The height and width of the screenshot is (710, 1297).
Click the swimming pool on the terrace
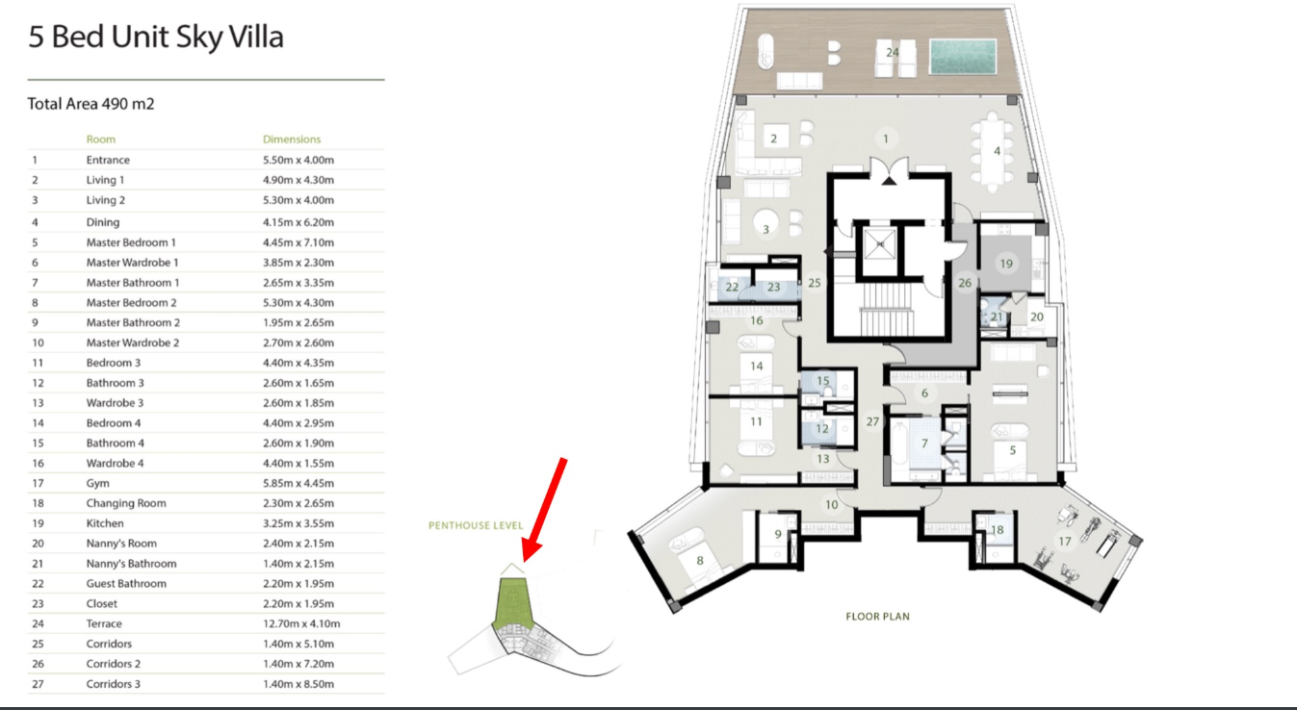point(962,56)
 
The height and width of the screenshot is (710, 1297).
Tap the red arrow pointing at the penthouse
point(545,510)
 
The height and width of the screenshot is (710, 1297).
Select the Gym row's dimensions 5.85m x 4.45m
point(298,483)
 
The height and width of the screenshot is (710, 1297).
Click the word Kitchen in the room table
point(105,523)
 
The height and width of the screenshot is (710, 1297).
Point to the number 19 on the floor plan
point(1006,264)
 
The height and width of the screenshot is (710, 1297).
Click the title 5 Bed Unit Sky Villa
point(156,37)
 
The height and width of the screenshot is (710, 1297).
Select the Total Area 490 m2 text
point(91,104)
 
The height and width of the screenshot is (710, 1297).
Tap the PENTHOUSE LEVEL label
point(476,525)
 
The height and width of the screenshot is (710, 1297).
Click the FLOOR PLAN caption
point(878,617)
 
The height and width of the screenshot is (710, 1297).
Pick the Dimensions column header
point(292,139)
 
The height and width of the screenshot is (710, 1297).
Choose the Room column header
point(101,139)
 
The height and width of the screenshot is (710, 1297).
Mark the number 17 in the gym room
point(1064,541)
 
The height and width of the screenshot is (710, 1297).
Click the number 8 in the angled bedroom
point(699,560)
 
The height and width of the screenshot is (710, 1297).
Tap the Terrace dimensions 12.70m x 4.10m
point(301,623)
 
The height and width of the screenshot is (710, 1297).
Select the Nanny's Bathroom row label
point(132,564)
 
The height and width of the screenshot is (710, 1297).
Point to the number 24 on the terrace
point(893,52)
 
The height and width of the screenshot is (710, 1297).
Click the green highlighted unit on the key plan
point(513,602)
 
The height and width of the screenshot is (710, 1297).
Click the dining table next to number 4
point(994,152)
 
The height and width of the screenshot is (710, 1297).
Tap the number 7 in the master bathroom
point(924,444)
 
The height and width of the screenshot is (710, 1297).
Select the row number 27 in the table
point(38,684)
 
